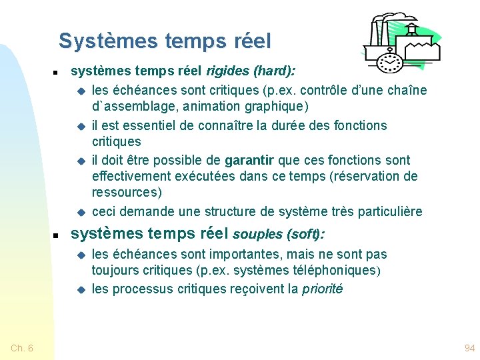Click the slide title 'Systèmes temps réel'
[x=165, y=41]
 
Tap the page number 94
[x=469, y=348]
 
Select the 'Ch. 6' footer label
[x=22, y=348]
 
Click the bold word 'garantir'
[x=249, y=160]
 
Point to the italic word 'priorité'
[x=322, y=289]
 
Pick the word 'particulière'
[x=391, y=211]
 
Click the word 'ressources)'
[x=127, y=192]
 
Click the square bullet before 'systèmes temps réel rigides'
[x=57, y=71]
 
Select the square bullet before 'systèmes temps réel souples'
[x=57, y=235]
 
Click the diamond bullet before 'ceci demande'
[x=80, y=212]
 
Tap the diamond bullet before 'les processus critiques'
[x=80, y=290]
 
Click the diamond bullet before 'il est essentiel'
[x=80, y=126]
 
